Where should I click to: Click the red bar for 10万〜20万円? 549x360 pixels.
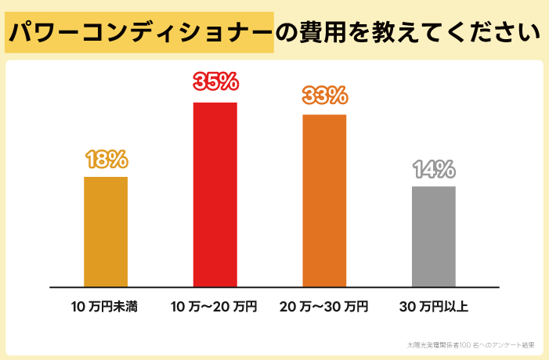pos(215,194)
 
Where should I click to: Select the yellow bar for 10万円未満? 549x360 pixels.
pos(105,232)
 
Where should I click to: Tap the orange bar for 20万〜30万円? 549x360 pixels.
pos(324,200)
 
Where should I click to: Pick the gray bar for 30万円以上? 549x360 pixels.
pos(433,236)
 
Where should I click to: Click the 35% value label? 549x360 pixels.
pos(215,82)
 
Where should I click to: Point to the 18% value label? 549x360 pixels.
pos(106,159)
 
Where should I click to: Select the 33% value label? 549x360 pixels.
pos(324,95)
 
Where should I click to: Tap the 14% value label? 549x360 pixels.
pos(433,169)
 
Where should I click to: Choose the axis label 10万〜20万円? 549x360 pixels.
pos(214,306)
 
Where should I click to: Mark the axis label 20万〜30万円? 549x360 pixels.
pos(323,306)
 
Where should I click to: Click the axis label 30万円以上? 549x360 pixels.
pos(433,306)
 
